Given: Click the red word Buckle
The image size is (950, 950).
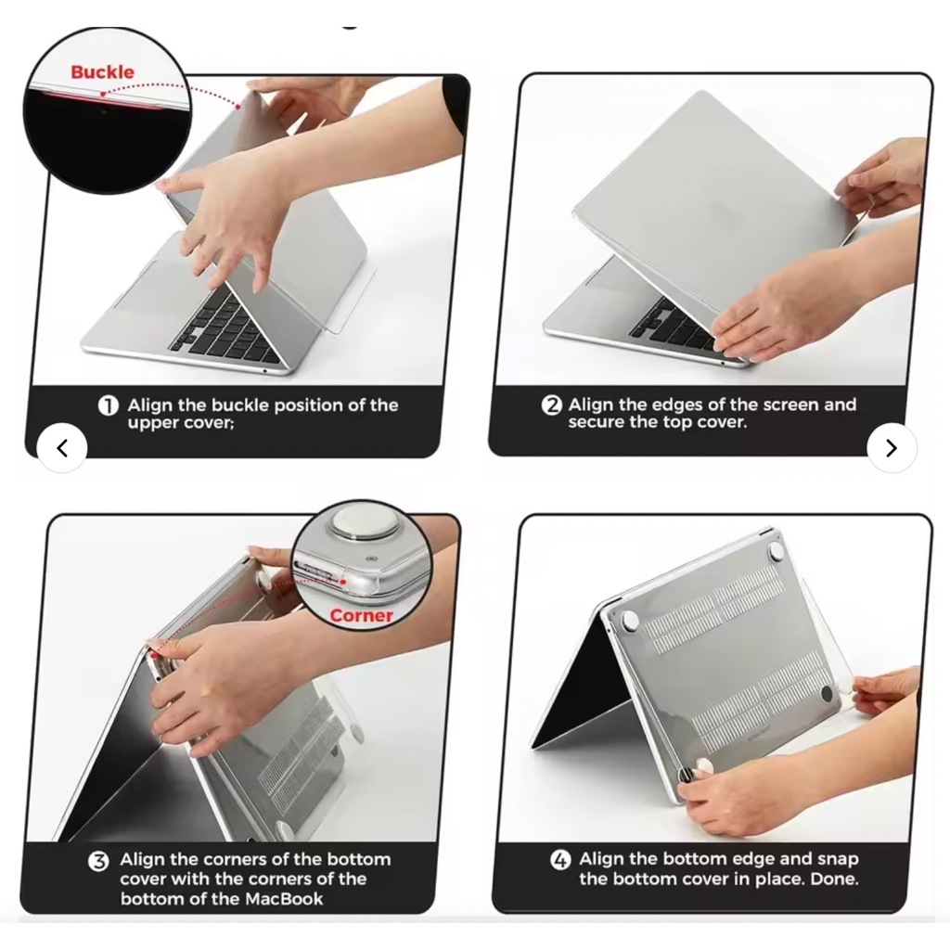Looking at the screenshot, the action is click(x=102, y=72).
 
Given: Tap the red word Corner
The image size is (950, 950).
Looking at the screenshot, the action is click(x=361, y=616).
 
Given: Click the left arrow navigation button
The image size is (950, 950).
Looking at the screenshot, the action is click(x=62, y=448).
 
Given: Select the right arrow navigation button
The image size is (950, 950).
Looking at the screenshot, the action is click(x=892, y=448).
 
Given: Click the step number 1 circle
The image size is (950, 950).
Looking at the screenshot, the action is click(x=109, y=405).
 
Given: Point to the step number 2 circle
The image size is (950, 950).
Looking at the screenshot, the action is click(x=551, y=404).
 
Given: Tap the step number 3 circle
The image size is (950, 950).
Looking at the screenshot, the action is click(x=98, y=861).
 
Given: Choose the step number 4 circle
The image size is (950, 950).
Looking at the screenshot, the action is click(x=560, y=860).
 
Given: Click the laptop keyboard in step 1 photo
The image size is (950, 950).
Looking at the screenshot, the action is click(x=225, y=327).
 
